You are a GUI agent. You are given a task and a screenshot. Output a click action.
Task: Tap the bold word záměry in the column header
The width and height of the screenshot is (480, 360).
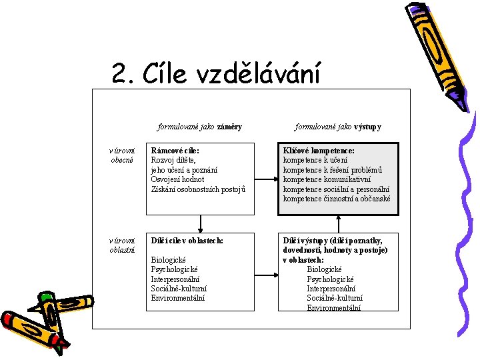tap(229, 126)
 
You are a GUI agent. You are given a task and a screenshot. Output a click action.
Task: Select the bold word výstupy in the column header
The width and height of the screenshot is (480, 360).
tap(367, 126)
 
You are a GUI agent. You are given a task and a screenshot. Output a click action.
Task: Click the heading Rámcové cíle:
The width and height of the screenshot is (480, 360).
tap(175, 151)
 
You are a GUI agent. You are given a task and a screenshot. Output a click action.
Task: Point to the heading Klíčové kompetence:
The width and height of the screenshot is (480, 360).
tap(319, 151)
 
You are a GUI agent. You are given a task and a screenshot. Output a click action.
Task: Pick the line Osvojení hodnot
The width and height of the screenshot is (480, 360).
tap(177, 179)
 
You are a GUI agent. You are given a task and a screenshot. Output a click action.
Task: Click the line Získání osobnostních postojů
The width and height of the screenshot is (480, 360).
tap(199, 189)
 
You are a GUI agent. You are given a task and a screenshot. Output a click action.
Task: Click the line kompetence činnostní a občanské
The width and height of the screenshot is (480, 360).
tap(337, 198)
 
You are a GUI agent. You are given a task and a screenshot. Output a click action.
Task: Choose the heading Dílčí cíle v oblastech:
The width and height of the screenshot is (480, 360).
tap(187, 240)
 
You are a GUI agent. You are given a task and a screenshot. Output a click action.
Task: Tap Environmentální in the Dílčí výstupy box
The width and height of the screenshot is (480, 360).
tap(334, 307)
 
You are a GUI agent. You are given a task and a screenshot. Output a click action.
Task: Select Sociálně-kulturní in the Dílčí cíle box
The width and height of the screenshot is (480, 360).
tap(179, 288)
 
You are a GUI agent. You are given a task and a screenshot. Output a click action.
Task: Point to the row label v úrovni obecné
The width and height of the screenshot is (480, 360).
tap(123, 155)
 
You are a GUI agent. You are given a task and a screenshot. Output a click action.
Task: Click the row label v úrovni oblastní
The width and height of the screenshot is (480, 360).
tap(123, 245)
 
